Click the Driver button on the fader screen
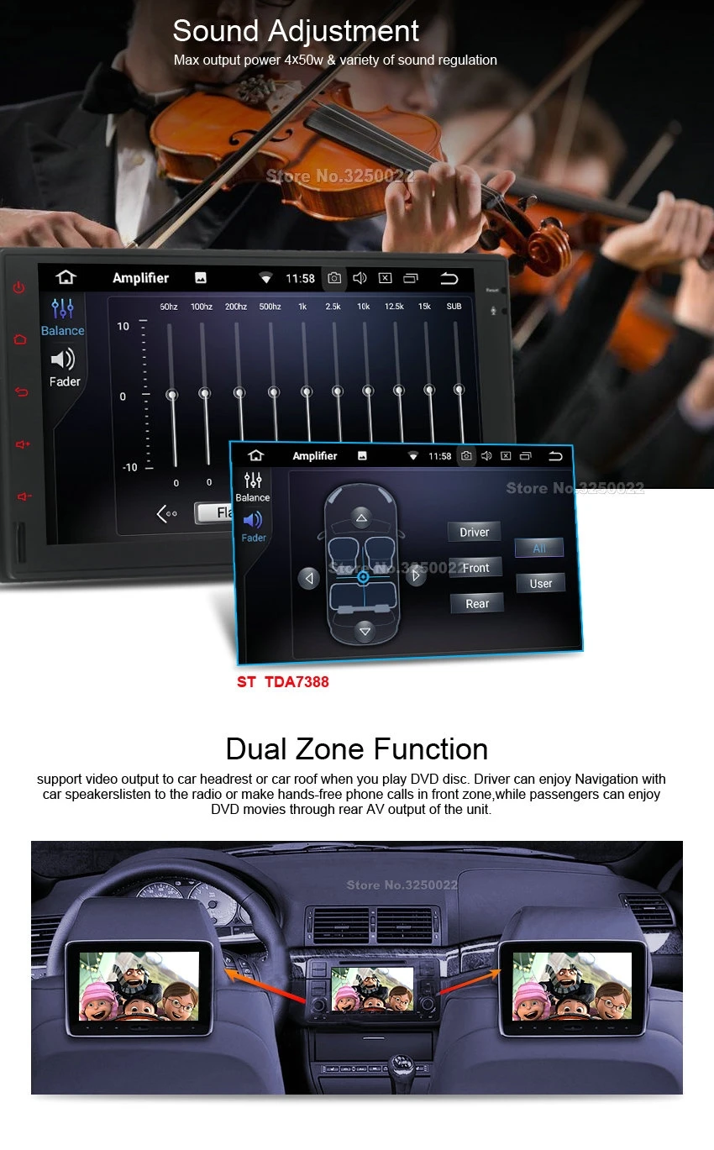pos(474,532)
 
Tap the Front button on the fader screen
pos(475,568)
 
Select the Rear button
pos(477,603)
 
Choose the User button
pos(541,583)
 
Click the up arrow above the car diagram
pos(361,517)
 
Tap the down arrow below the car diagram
pos(364,631)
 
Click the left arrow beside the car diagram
pos(309,578)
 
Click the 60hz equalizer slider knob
pos(172,394)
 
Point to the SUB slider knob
pos(459,390)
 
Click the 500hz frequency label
pos(270,307)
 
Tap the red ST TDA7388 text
pos(282,681)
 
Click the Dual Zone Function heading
pos(357,748)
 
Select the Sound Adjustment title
pos(296,31)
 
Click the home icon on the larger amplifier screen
pos(66,277)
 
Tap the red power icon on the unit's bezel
pos(19,287)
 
